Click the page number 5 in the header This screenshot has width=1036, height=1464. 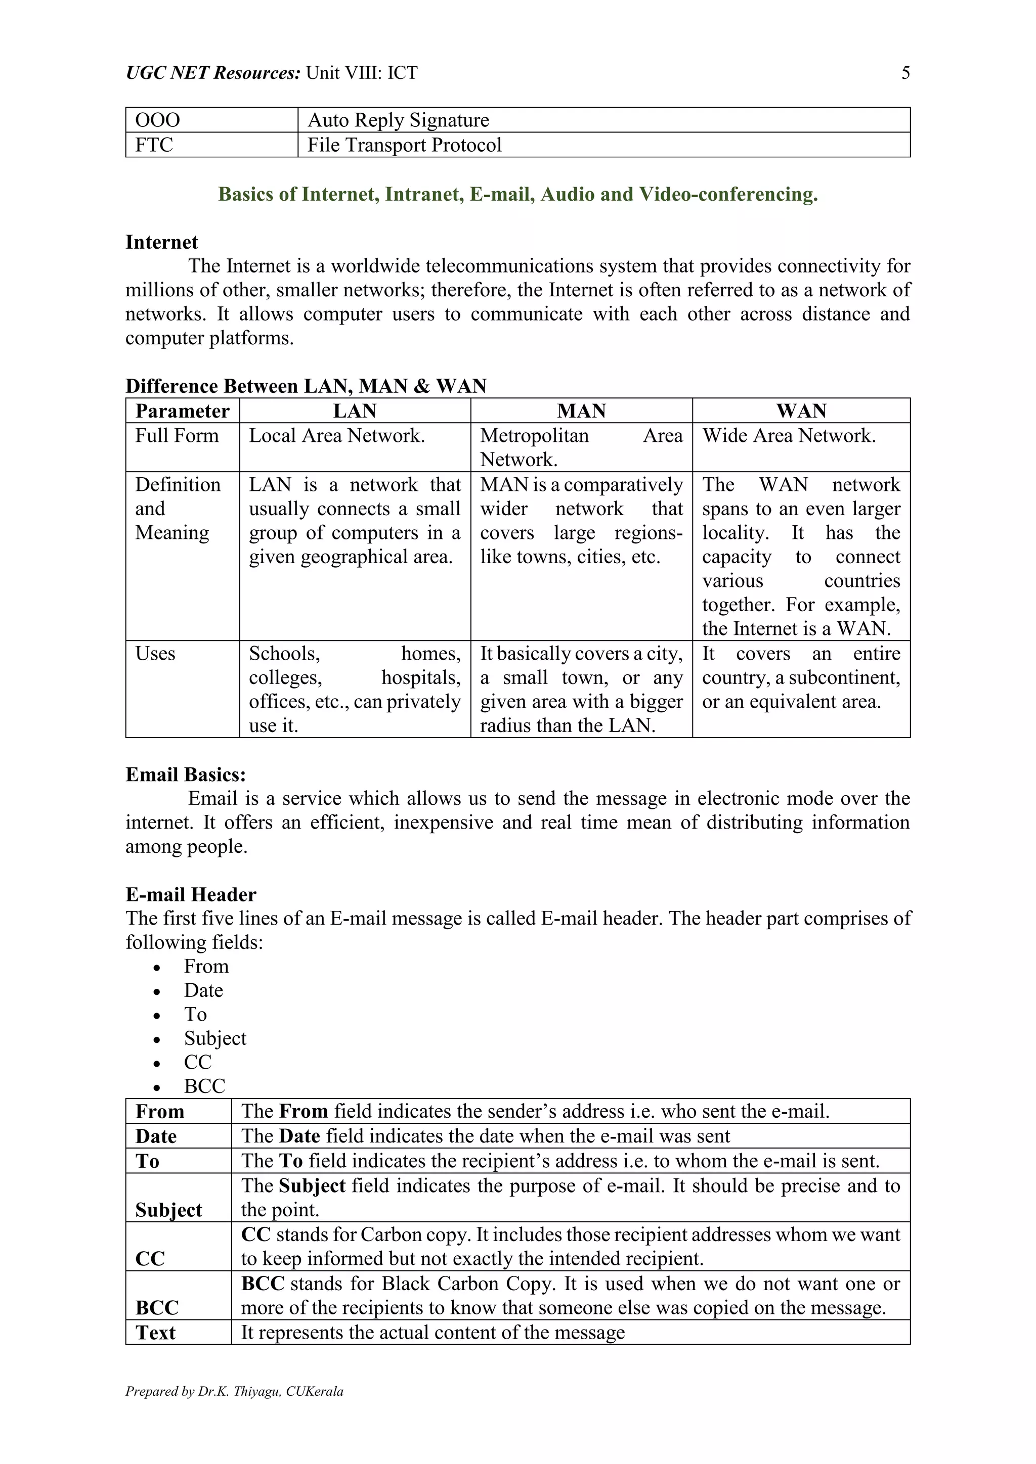click(x=905, y=73)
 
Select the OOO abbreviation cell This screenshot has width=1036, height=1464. click(x=157, y=120)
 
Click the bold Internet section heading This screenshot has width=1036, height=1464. click(x=161, y=242)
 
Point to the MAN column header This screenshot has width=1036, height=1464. click(x=581, y=410)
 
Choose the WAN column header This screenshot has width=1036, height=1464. click(x=801, y=410)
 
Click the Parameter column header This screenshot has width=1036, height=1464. click(x=183, y=410)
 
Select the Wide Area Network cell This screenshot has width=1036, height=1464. click(x=789, y=435)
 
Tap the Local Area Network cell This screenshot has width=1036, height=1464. click(x=337, y=435)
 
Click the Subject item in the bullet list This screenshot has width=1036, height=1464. click(x=215, y=1038)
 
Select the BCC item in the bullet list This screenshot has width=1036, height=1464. click(x=205, y=1086)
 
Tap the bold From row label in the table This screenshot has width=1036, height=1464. click(x=160, y=1111)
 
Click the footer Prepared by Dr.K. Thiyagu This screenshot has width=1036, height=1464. click(x=234, y=1391)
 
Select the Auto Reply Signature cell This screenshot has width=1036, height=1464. click(x=398, y=120)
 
